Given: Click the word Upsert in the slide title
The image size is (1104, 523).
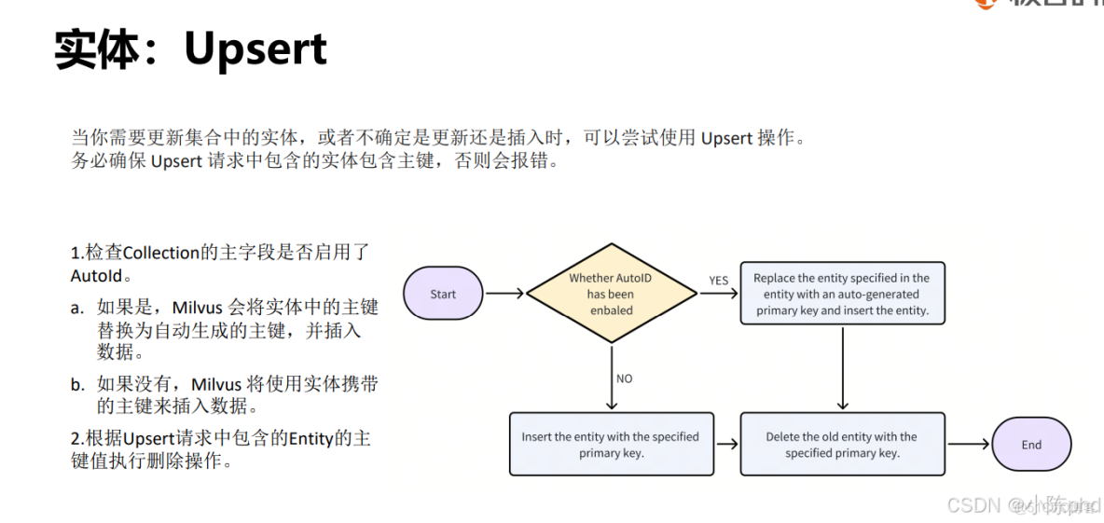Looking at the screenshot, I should pos(255,48).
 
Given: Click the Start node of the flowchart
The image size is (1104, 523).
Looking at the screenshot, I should pos(443,294).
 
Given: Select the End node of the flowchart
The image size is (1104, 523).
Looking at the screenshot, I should pos(1030,445).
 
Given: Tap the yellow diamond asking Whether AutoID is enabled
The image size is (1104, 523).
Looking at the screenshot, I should pos(612,294).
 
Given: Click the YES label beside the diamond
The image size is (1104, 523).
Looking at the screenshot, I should pos(718,281).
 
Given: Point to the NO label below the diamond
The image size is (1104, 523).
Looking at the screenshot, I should pos(625,378).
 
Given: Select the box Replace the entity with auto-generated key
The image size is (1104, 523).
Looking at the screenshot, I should pos(842,294).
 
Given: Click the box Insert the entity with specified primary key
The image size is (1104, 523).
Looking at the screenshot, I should pos(611,445).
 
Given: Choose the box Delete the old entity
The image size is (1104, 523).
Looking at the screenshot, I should pos(842,445).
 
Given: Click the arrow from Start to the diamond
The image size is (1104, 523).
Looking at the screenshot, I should pos(505,294).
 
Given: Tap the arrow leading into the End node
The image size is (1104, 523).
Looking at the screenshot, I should pos(968,445).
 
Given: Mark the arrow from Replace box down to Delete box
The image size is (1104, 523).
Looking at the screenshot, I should pos(843,367).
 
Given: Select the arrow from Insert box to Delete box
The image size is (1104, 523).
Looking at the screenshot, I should pos(726,445).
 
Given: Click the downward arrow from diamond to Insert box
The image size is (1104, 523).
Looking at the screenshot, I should pos(612,378).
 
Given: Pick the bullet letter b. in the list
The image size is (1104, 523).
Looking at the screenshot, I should pos(77,384).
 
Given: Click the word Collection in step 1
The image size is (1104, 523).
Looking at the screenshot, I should pos(161,253).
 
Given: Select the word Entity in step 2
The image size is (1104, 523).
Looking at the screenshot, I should pos(310,438).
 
